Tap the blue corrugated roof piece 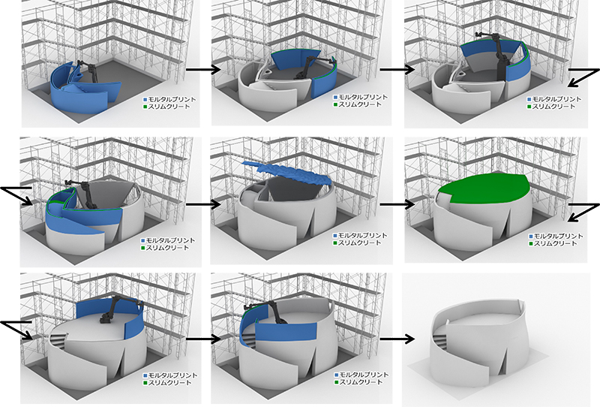[x=287, y=173]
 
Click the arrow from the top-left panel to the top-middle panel [x=203, y=70]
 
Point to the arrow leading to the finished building [x=397, y=339]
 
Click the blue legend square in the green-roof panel [x=531, y=237]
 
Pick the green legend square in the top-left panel [x=145, y=106]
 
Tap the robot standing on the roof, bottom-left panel [x=118, y=311]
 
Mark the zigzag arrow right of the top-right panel [x=583, y=78]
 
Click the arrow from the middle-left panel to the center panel [x=203, y=204]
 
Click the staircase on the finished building [x=439, y=338]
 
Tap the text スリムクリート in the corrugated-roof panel [x=360, y=243]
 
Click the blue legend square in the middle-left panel [x=143, y=240]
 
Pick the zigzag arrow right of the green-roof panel [x=583, y=213]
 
